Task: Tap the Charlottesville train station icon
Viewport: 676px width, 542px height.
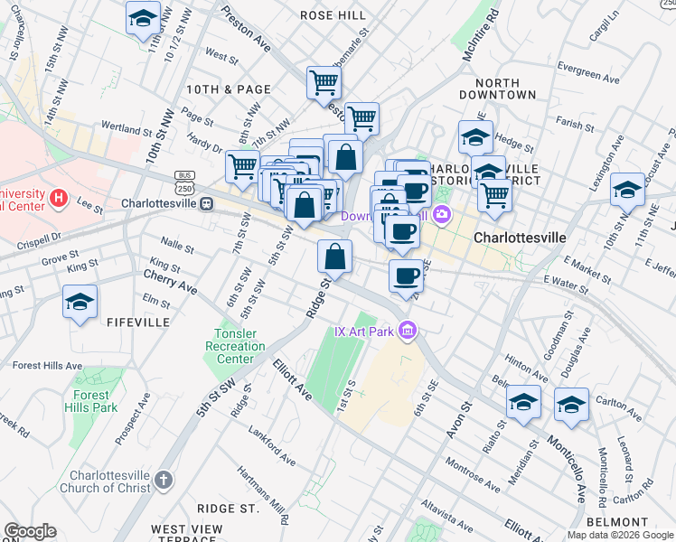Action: point(207,202)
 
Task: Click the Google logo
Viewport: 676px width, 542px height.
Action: point(30,531)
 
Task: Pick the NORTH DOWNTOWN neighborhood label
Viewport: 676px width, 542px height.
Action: point(497,87)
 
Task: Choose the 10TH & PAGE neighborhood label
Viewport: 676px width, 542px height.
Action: point(229,89)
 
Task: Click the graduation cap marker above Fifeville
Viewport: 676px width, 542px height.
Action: point(80,302)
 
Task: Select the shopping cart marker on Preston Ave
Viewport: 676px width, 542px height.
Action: point(324,83)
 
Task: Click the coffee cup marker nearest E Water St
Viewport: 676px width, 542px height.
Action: point(406,275)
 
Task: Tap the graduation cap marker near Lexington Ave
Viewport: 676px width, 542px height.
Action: point(627,191)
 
